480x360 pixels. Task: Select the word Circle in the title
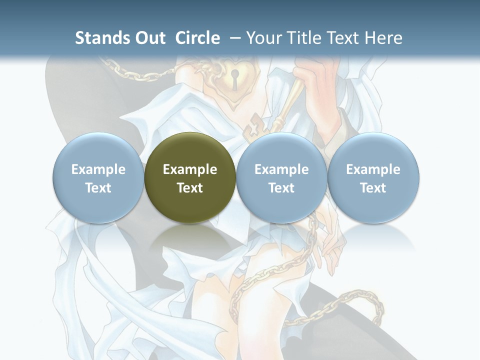click(197, 38)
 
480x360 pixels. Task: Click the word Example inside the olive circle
click(190, 169)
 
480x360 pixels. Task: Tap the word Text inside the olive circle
click(190, 188)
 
